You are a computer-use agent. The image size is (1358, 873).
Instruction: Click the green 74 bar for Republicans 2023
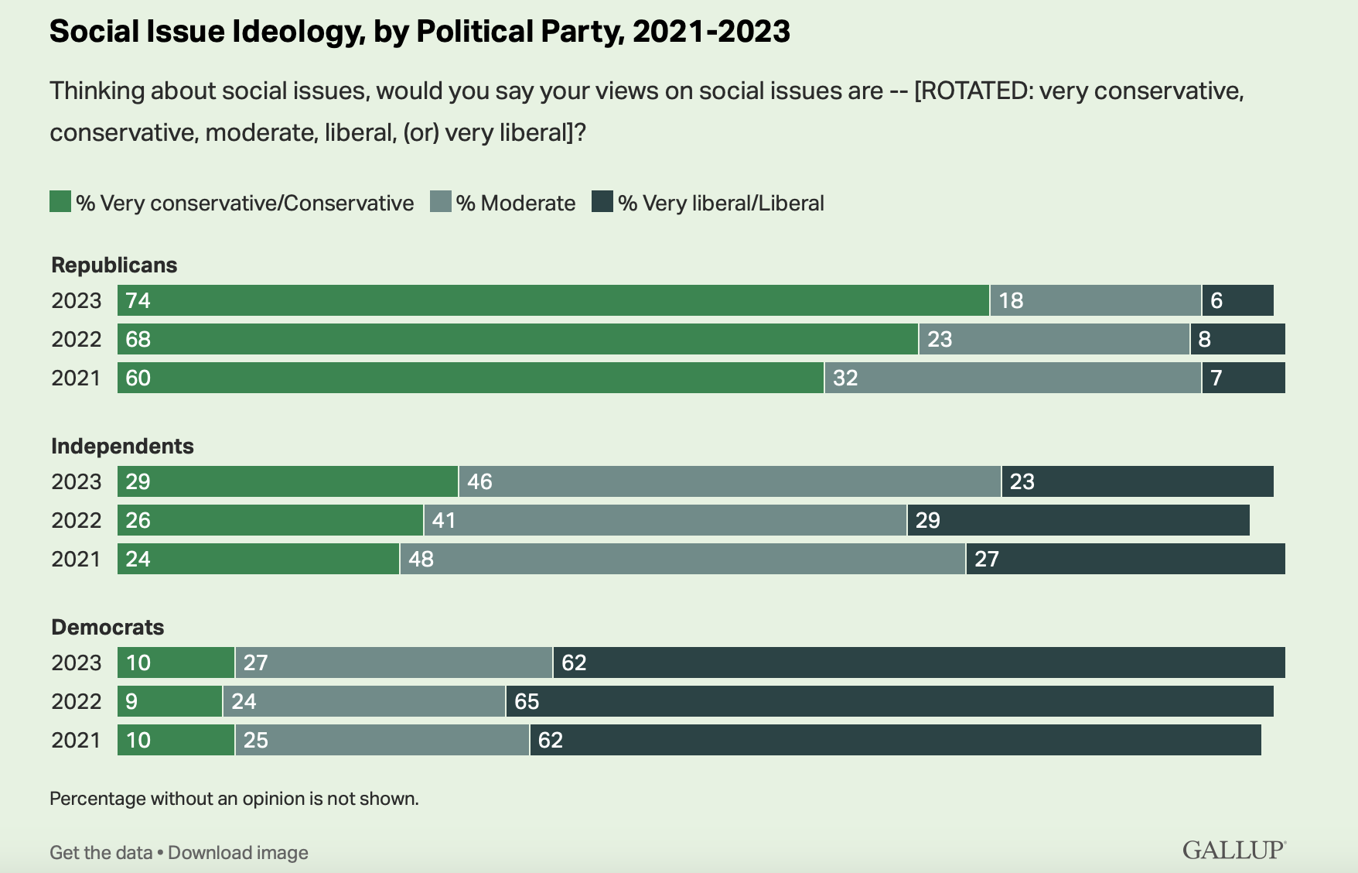coord(553,300)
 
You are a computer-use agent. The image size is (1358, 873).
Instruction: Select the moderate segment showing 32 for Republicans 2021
coord(1012,378)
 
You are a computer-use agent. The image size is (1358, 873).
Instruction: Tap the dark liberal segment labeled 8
coord(1237,339)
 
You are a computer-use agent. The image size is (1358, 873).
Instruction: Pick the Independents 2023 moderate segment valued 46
coord(729,481)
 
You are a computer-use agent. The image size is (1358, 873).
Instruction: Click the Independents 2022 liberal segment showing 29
coord(1078,520)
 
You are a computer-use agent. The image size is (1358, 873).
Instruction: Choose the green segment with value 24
coord(258,559)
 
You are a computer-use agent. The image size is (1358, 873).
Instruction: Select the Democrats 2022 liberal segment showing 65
coord(889,701)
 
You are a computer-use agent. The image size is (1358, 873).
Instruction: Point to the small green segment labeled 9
coord(169,701)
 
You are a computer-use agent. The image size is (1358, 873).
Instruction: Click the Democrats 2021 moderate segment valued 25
coord(382,740)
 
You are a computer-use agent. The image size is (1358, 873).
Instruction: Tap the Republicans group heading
coord(114,265)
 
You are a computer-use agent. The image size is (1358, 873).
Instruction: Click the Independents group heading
coord(122,446)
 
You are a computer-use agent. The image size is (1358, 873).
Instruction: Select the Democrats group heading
coord(107,627)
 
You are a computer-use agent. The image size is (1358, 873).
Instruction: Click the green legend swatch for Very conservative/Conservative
coord(60,202)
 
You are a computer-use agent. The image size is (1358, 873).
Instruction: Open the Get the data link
coord(101,853)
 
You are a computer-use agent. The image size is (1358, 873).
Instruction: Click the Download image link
coord(238,853)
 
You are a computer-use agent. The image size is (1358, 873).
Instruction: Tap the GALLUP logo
coord(1233,850)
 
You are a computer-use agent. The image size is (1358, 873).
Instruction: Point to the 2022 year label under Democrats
coord(76,701)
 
